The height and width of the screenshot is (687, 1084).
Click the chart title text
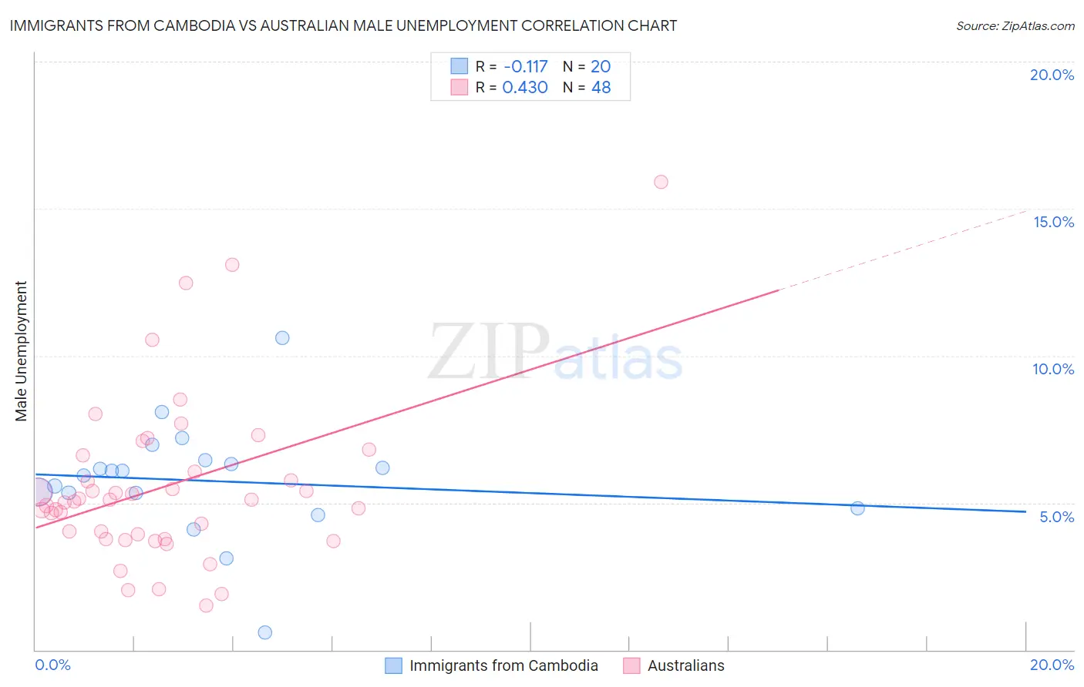(x=343, y=25)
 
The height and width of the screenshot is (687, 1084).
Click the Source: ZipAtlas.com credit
(x=1015, y=26)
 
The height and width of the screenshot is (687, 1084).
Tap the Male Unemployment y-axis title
(x=21, y=351)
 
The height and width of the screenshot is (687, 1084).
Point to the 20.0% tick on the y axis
(x=1052, y=75)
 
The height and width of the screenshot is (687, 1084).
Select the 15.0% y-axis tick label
(x=1053, y=222)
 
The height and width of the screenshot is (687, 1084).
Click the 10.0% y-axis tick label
(x=1053, y=369)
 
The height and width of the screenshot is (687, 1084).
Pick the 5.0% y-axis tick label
(x=1056, y=517)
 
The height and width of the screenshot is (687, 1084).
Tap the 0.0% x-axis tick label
(x=52, y=665)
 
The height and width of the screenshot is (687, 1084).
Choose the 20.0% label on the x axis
(x=1052, y=665)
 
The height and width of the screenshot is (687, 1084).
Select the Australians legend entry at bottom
(x=685, y=665)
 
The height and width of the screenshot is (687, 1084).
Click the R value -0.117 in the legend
(x=525, y=67)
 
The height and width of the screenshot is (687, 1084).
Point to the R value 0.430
(x=524, y=88)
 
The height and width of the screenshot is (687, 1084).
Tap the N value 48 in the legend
(x=601, y=88)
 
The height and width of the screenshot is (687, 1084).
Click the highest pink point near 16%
(x=661, y=182)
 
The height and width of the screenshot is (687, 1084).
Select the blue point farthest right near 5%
(x=857, y=508)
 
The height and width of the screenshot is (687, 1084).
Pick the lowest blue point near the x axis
(x=265, y=632)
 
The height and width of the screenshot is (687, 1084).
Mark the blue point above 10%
(x=282, y=338)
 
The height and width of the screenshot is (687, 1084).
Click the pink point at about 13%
(x=232, y=265)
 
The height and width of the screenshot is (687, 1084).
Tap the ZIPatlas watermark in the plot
(x=555, y=352)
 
